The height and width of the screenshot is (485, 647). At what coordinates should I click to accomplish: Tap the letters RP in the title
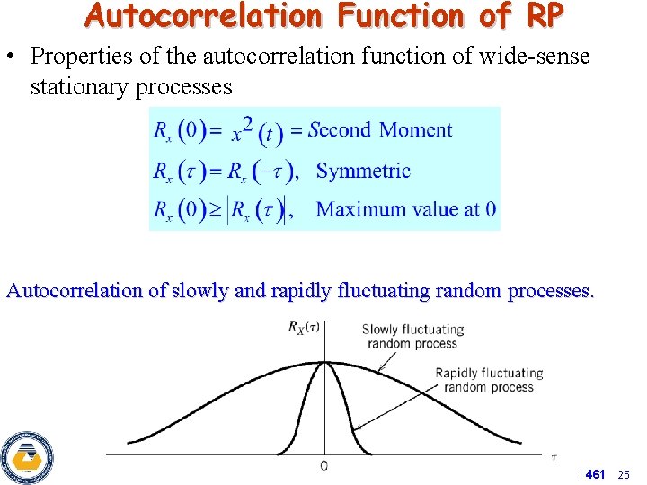[x=546, y=16]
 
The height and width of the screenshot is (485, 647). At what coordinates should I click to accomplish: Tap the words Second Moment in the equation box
[x=380, y=129]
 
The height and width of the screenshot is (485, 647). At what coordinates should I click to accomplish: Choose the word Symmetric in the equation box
[x=364, y=171]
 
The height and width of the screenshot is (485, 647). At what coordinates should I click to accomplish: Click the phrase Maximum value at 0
[x=406, y=209]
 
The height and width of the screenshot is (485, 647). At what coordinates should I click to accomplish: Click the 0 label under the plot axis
[x=323, y=464]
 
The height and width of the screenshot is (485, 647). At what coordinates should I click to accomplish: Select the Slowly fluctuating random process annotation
[x=412, y=336]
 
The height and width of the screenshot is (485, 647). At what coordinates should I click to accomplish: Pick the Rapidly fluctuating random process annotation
[x=489, y=380]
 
